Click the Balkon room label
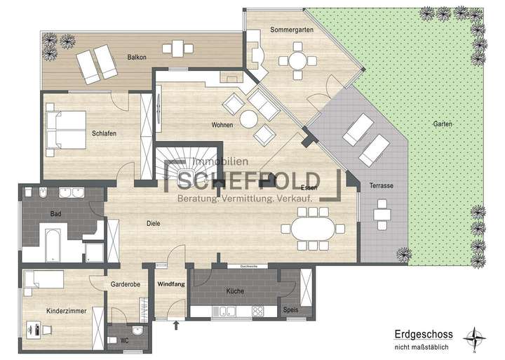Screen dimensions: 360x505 (x=137, y=57)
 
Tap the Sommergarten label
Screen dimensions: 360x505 (x=291, y=29)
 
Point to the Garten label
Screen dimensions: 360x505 (x=443, y=124)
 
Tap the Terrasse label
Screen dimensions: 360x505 (x=381, y=185)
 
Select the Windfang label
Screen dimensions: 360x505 (x=170, y=284)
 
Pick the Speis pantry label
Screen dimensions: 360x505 (x=290, y=309)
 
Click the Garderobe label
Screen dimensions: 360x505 (x=126, y=285)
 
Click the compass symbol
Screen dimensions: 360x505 (x=478, y=339)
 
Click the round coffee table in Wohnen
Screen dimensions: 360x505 (x=249, y=120)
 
